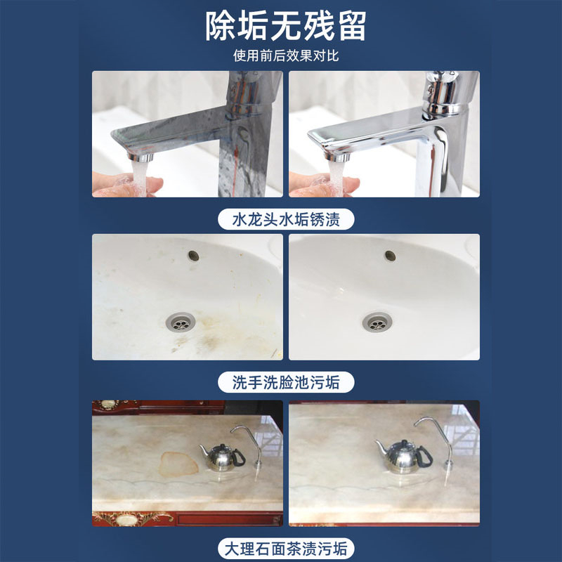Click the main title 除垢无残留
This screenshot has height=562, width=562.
[286, 26]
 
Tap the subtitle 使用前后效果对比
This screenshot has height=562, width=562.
[286, 55]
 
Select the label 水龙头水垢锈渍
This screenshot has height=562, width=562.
[286, 219]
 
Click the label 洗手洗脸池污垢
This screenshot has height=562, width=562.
[286, 382]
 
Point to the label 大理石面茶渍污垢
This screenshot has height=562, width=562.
[286, 549]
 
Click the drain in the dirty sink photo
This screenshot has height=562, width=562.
[181, 322]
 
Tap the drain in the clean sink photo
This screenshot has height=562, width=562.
[377, 322]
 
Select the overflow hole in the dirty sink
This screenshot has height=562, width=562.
[194, 256]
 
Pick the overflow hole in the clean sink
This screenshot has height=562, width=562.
[390, 256]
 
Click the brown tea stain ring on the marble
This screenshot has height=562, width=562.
[178, 464]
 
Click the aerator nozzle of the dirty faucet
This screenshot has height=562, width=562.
[140, 157]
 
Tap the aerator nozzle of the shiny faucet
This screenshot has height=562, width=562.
[337, 157]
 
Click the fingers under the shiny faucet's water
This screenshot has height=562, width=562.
[324, 185]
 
